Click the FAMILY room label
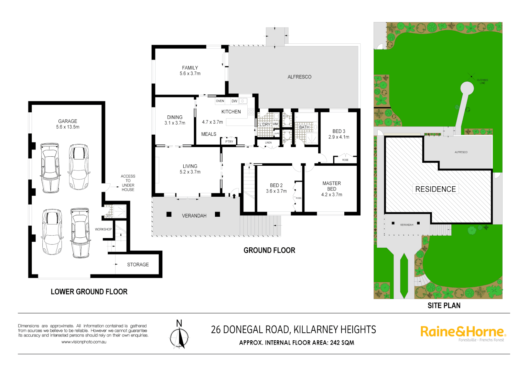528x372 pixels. [190, 68]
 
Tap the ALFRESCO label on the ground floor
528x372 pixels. [299, 77]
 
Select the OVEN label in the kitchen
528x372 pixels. [220, 101]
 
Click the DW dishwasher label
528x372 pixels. [234, 101]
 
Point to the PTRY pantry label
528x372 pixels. [229, 142]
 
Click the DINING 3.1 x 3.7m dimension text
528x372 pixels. [175, 123]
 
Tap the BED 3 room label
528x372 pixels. [338, 131]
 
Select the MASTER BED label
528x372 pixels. [332, 186]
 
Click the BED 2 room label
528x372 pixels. [276, 185]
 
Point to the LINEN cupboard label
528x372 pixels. [268, 143]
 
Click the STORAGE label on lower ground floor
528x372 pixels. [138, 265]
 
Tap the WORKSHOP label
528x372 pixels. [103, 229]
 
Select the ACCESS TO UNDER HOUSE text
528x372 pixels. [128, 183]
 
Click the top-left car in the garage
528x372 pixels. [50, 168]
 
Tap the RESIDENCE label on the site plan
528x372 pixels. [435, 189]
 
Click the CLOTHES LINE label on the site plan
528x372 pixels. [482, 82]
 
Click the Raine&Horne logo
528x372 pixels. [463, 332]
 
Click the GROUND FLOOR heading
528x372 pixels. [269, 250]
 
